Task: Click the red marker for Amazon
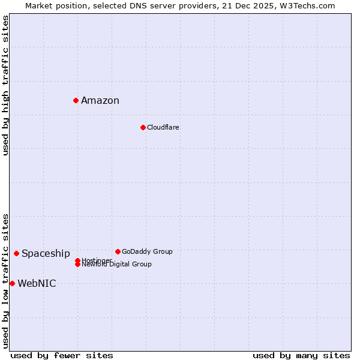point(76,100)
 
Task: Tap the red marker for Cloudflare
point(143,127)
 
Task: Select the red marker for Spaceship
point(16,253)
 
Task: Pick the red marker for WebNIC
point(12,283)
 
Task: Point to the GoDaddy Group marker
point(118,251)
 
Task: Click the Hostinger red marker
point(77,260)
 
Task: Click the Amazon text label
point(100,101)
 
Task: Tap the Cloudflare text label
point(163,127)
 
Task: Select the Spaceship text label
point(46,254)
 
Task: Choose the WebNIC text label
point(37,284)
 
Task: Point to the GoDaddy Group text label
point(147,251)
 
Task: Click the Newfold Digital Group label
point(116,265)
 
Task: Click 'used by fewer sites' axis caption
point(62,355)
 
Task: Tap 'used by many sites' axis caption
point(301,355)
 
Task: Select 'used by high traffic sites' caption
point(5,85)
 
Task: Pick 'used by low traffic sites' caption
point(5,281)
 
